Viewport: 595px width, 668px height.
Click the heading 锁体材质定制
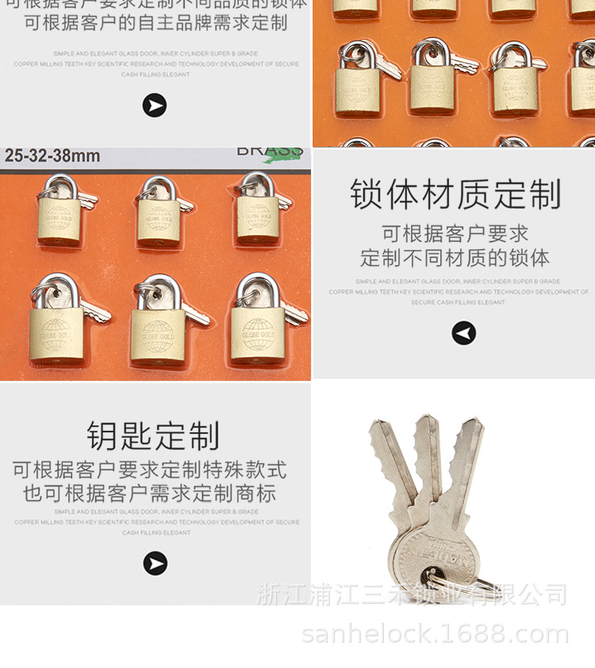click(x=455, y=195)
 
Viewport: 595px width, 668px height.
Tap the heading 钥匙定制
click(x=153, y=436)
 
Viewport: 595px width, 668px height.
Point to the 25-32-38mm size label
click(x=52, y=156)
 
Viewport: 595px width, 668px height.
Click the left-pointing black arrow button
click(x=464, y=333)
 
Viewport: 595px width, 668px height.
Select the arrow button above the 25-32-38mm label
click(x=155, y=105)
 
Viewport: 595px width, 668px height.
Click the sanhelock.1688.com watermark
click(x=436, y=634)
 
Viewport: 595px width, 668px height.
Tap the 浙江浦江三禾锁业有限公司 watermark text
click(x=412, y=593)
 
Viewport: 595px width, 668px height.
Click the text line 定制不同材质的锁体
click(x=455, y=258)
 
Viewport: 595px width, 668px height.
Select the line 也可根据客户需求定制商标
click(x=150, y=493)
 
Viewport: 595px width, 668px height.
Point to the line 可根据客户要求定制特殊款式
click(x=150, y=470)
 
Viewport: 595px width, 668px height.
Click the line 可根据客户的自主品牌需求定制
click(x=155, y=23)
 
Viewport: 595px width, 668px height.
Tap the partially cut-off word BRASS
click(x=269, y=152)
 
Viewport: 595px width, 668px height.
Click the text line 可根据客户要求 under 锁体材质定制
click(x=455, y=234)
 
